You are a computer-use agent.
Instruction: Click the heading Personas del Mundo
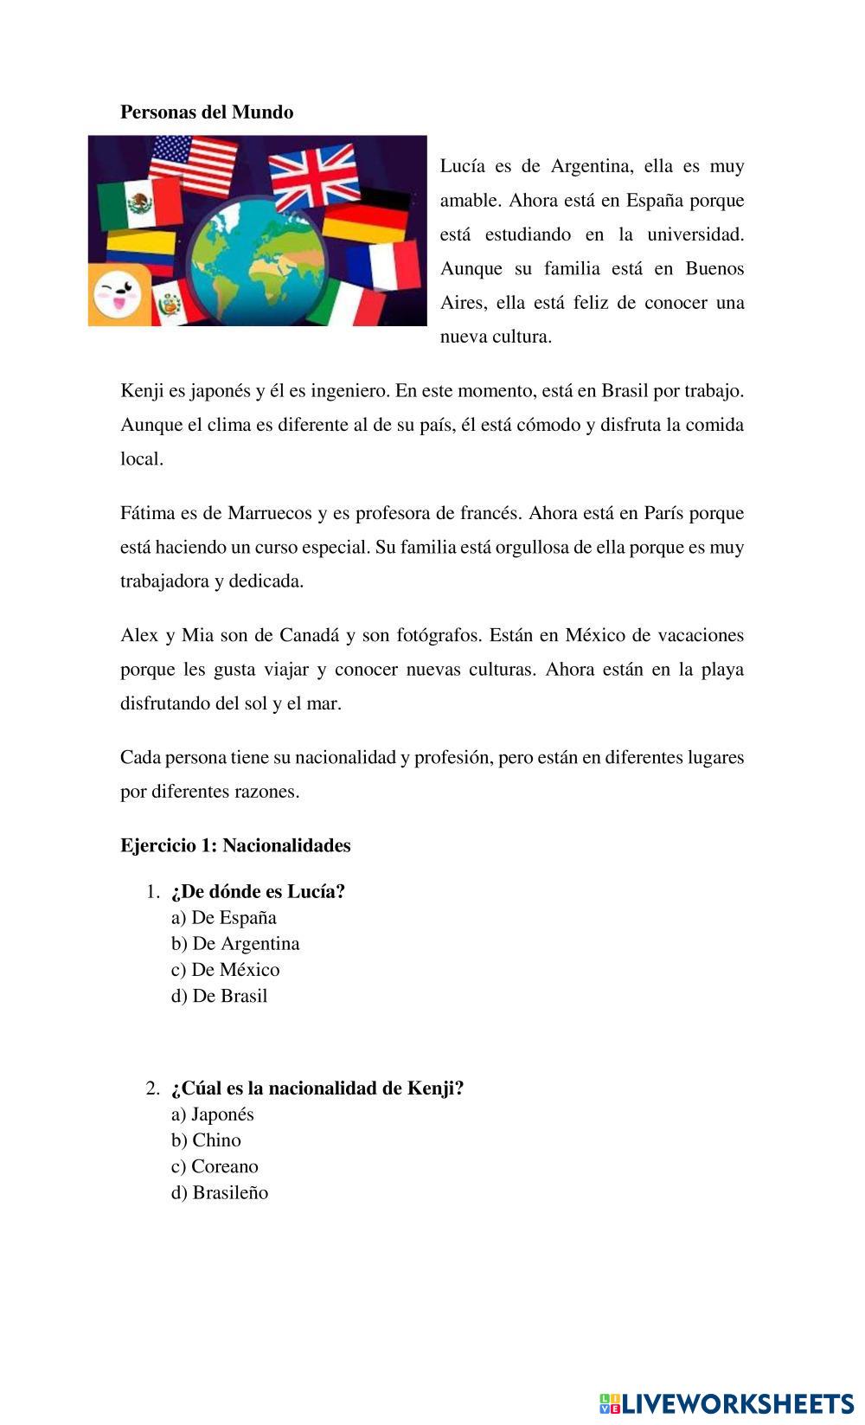pos(207,112)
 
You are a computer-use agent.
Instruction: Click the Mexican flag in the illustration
pos(138,204)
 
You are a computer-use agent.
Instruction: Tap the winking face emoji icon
pos(118,293)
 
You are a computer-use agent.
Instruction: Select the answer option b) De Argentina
pos(235,944)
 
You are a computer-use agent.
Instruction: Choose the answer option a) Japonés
pos(213,1114)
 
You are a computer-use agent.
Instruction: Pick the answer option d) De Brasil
pos(220,996)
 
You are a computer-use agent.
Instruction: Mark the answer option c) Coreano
pos(215,1166)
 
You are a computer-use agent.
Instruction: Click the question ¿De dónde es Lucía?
pos(258,892)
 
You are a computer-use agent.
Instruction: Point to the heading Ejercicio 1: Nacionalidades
pos(235,846)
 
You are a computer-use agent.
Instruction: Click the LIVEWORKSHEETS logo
pos(727,1403)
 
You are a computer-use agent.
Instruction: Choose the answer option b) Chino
pos(206,1140)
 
